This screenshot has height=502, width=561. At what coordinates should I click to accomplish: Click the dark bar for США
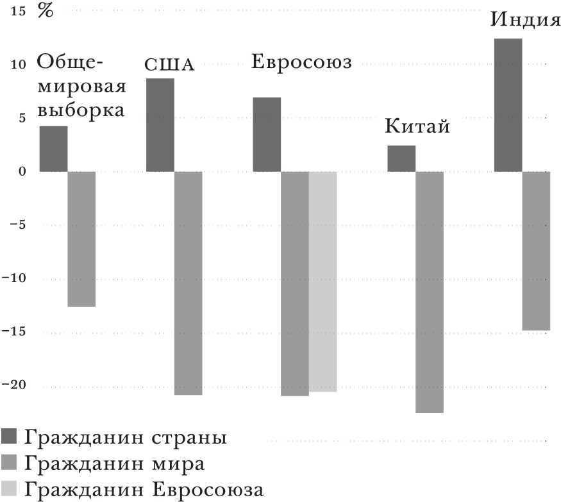pyautogui.click(x=160, y=125)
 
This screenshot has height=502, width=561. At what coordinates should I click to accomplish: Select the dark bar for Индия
pyautogui.click(x=508, y=105)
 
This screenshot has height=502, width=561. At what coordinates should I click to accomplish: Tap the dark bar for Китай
pyautogui.click(x=401, y=158)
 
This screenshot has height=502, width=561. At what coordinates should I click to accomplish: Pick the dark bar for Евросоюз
pyautogui.click(x=267, y=135)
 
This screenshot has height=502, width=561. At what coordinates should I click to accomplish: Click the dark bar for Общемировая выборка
pyautogui.click(x=54, y=149)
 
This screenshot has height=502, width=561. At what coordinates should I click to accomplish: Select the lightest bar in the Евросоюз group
pyautogui.click(x=322, y=281)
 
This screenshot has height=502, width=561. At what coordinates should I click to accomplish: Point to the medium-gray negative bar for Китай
pyautogui.click(x=430, y=292)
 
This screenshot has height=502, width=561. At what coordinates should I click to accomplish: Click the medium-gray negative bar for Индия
pyautogui.click(x=536, y=251)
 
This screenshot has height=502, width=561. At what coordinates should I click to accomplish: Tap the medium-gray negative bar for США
pyautogui.click(x=188, y=283)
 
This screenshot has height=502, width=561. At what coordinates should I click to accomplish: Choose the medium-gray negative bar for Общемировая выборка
pyautogui.click(x=81, y=239)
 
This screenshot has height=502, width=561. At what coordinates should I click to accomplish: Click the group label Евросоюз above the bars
pyautogui.click(x=302, y=63)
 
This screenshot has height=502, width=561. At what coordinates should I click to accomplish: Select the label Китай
pyautogui.click(x=417, y=126)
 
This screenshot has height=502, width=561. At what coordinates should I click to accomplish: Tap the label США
pyautogui.click(x=169, y=65)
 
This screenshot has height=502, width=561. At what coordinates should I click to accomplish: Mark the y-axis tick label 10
pyautogui.click(x=19, y=64)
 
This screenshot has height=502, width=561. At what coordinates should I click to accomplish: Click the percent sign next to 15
pyautogui.click(x=46, y=12)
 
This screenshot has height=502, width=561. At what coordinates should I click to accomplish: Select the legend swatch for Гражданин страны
pyautogui.click(x=10, y=438)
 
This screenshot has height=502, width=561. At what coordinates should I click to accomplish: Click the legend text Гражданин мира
pyautogui.click(x=115, y=464)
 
